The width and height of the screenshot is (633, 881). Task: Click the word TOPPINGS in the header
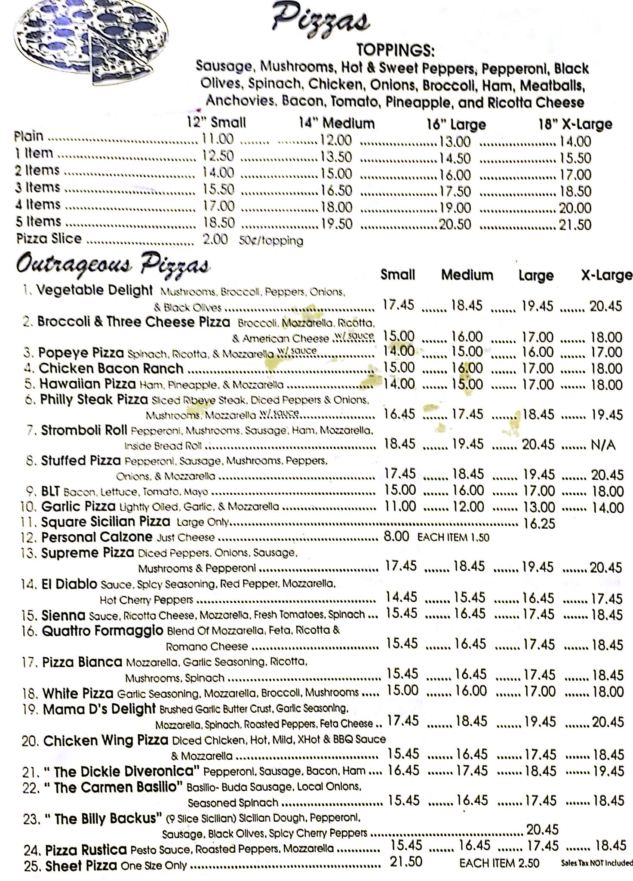[395, 51]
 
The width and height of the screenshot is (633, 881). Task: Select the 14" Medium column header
[337, 123]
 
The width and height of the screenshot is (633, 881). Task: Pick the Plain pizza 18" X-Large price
[575, 141]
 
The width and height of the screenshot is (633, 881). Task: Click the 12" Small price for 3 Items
[218, 189]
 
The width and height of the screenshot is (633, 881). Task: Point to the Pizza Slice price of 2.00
[215, 239]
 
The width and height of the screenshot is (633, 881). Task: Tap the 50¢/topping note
[271, 240]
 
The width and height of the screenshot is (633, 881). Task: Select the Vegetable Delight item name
[94, 290]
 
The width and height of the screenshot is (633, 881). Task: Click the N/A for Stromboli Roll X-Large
[603, 445]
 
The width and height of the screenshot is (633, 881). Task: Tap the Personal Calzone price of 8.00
[396, 537]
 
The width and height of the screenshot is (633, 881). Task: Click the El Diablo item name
[69, 584]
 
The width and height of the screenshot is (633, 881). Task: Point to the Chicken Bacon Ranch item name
[111, 369]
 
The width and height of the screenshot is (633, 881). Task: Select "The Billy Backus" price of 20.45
[542, 829]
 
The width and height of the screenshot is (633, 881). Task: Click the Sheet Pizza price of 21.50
[406, 862]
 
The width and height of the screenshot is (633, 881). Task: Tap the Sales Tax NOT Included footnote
[597, 863]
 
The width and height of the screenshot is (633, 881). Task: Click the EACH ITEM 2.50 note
[499, 863]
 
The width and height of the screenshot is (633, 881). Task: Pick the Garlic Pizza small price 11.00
[400, 506]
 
